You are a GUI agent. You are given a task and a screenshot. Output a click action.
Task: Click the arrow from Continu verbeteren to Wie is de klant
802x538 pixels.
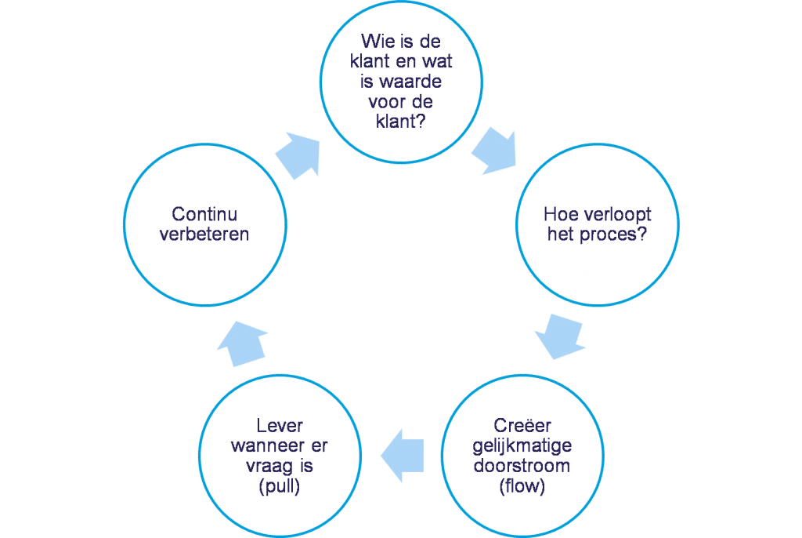[x=298, y=155]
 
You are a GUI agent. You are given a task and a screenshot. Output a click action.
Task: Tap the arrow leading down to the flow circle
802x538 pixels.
[x=560, y=336]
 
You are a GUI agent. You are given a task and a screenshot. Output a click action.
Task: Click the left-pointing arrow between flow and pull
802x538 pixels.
[x=403, y=456]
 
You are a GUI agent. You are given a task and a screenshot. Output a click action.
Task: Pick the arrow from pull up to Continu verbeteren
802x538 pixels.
[x=243, y=344]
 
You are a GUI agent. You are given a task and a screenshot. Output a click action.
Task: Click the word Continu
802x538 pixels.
[x=204, y=214]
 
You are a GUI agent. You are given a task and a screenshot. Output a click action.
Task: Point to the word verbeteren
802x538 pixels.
[x=204, y=234]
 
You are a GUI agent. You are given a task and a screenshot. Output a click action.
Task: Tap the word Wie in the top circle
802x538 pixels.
[x=378, y=41]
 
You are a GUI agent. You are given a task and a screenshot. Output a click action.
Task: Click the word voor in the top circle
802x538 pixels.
[x=386, y=101]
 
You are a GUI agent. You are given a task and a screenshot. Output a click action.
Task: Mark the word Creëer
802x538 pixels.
[x=522, y=425]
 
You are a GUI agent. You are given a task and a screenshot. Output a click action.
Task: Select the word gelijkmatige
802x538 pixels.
[x=522, y=446]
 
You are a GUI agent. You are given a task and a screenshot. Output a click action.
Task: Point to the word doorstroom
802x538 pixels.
[x=522, y=466]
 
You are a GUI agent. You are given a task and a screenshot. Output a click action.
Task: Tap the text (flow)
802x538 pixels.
[x=522, y=485]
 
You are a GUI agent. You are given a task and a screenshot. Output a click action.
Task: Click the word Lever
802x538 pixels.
[x=280, y=425]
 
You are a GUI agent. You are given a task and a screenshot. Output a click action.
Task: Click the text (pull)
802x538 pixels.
[x=280, y=485]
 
